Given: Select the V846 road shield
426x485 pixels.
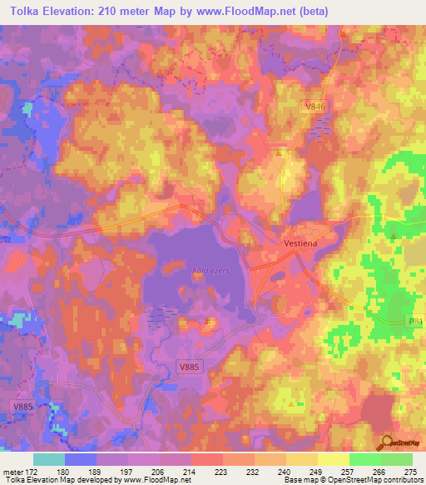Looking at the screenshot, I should tap(314, 107).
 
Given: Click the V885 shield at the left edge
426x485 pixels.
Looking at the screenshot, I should tap(22, 407).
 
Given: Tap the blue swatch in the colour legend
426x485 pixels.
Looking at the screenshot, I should tap(81, 459).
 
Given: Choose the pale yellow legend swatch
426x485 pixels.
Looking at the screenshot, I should tap(334, 459).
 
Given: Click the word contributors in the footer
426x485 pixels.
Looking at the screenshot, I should tap(400, 481).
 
